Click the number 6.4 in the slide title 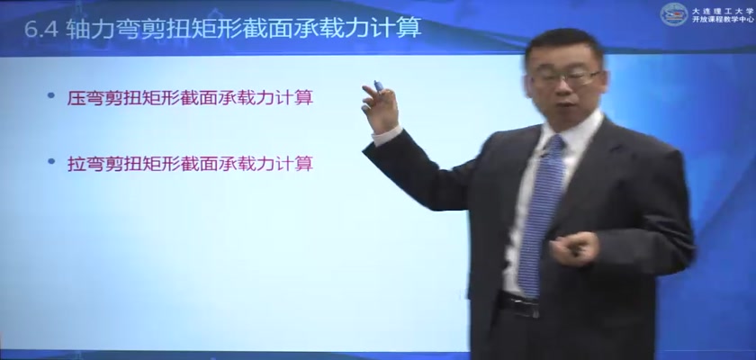pos(41,30)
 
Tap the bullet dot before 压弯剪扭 pos(51,95)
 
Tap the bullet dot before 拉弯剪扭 pos(51,161)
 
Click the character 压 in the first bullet pos(75,98)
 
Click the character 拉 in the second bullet pos(75,164)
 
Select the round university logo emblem pos(674,14)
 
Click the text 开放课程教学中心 pos(722,20)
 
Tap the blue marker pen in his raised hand pos(379,86)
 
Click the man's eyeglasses pos(565,78)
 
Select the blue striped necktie pos(543,214)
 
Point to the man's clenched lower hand pos(574,248)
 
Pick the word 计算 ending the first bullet pos(298,98)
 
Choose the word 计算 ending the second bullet pos(298,164)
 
